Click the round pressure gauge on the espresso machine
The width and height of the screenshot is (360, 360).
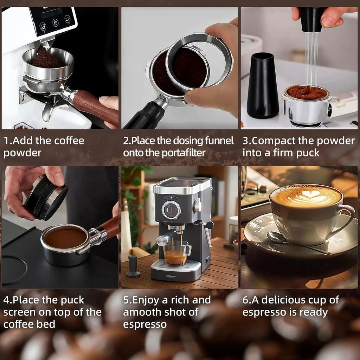tap(171, 210)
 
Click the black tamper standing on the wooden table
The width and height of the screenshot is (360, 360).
tap(133, 266)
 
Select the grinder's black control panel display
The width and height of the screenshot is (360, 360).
tap(53, 20)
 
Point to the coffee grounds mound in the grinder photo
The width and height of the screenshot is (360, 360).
tap(47, 58)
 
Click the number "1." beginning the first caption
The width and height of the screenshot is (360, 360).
tap(8, 141)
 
